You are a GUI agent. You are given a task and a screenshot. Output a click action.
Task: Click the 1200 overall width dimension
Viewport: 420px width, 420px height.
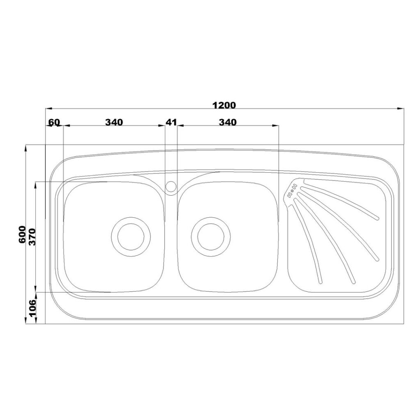point(224,105)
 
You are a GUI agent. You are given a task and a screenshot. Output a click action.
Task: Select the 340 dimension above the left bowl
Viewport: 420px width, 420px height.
point(114,122)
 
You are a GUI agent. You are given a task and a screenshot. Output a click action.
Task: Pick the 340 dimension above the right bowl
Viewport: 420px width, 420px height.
point(228,122)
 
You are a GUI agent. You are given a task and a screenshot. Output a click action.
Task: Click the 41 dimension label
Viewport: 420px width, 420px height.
point(171,122)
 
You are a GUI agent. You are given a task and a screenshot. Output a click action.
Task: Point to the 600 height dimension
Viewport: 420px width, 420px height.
point(23,235)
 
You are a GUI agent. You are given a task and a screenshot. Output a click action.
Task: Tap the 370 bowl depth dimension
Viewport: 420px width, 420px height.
point(32,237)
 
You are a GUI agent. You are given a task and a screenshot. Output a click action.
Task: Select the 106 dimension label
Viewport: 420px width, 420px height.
point(32,308)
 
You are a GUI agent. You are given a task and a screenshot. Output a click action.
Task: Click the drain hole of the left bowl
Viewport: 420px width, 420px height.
point(131,237)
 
